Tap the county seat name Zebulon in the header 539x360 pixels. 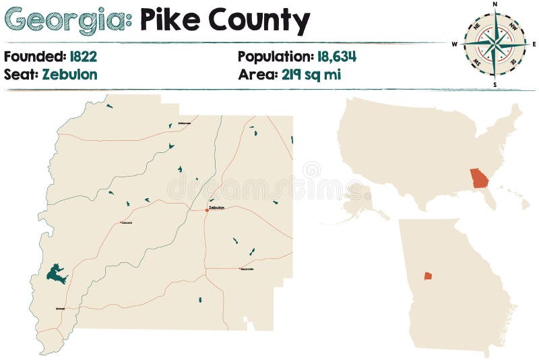(x=69, y=74)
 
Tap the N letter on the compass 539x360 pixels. (x=495, y=4)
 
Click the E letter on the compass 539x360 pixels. (x=534, y=44)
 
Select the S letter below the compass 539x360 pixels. (x=495, y=85)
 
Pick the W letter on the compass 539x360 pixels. (x=455, y=44)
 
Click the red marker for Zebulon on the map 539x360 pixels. (x=207, y=210)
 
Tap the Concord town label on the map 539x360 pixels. (x=126, y=222)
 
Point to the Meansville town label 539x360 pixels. (x=247, y=269)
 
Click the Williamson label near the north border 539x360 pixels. (x=184, y=123)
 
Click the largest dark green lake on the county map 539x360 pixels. (x=56, y=274)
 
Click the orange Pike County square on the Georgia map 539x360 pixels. (x=428, y=276)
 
